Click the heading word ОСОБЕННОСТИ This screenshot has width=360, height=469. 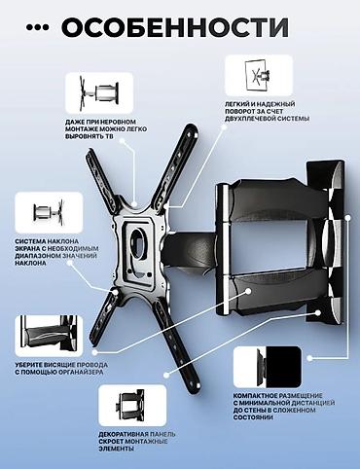point(175,27)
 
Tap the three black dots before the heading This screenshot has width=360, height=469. point(38,27)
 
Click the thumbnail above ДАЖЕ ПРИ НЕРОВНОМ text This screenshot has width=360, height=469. point(99,92)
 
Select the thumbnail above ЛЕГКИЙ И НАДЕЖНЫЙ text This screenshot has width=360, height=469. point(259,76)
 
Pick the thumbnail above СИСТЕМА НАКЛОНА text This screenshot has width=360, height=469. point(49,212)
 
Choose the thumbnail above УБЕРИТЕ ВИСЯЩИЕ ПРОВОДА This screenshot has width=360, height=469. point(49,336)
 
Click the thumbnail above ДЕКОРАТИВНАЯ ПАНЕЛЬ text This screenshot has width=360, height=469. point(132,406)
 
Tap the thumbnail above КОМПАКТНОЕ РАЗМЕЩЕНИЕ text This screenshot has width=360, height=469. point(268,367)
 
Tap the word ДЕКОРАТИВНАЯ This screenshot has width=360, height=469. point(124,434)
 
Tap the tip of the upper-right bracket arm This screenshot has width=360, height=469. point(192,127)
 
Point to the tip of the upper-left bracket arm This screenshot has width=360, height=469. point(90,154)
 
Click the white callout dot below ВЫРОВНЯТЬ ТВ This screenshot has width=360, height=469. point(122,141)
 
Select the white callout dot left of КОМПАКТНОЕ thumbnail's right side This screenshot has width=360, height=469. point(310,358)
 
